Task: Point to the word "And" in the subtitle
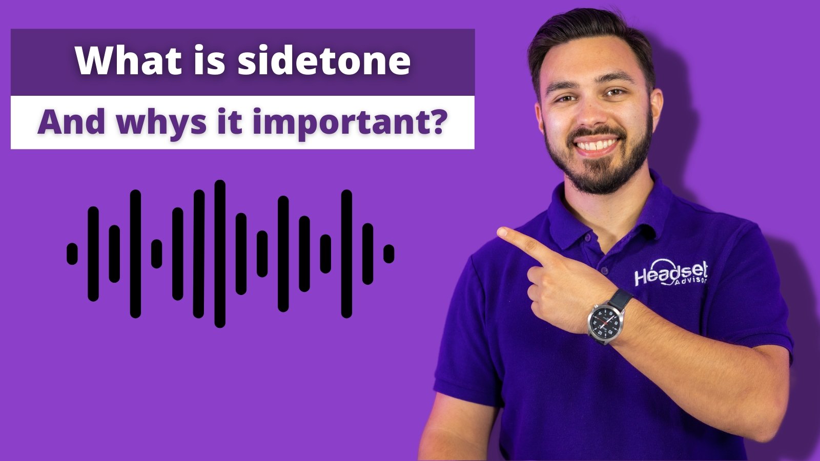tap(71, 122)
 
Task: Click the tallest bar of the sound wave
tap(220, 254)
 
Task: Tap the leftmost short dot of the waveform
tap(72, 254)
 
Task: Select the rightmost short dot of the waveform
tap(389, 254)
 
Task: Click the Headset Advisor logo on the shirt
tap(671, 274)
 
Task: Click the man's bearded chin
tap(600, 176)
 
